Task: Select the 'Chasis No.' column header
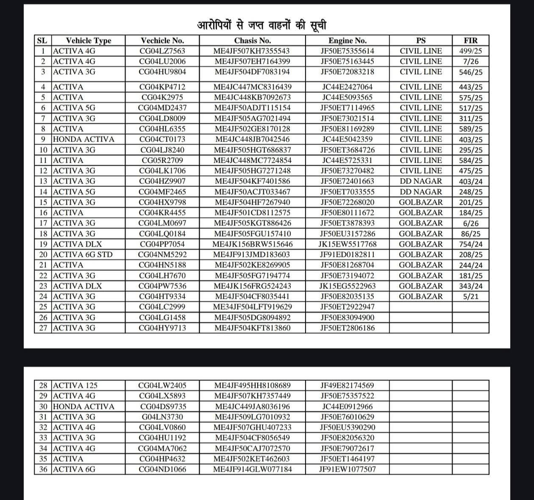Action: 252,41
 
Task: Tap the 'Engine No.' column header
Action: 347,41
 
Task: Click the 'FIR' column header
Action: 470,41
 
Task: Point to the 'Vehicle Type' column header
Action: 88,41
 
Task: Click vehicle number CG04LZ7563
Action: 162,51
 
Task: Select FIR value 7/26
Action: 470,61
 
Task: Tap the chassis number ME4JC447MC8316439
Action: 252,87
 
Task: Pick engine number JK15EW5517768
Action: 347,244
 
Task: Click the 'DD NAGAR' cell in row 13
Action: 421,181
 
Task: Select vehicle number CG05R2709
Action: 162,161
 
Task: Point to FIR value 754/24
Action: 470,244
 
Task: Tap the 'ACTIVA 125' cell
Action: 75,386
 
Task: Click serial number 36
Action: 43,469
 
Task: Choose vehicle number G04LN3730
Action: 162,417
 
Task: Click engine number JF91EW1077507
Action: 347,469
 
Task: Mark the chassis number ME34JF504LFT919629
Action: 252,307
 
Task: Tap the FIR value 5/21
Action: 470,297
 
